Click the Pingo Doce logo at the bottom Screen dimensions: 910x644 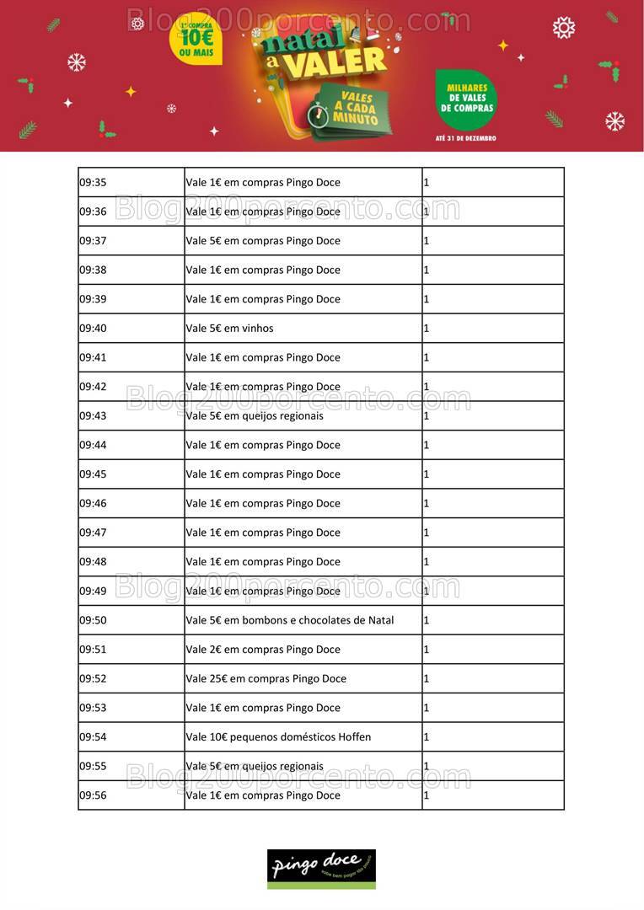(x=321, y=868)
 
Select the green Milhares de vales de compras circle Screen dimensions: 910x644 (x=466, y=99)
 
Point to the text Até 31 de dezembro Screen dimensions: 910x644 (x=466, y=138)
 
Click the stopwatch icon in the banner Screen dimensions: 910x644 (x=318, y=115)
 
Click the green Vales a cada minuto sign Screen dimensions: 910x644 (x=358, y=108)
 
